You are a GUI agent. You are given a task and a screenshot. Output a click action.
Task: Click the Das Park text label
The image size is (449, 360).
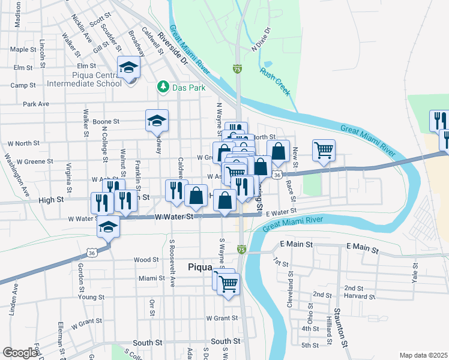tap(189, 88)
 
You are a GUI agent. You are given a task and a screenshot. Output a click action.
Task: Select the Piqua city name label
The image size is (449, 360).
tap(201, 268)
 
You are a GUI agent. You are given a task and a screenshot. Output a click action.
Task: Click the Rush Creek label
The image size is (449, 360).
tap(275, 81)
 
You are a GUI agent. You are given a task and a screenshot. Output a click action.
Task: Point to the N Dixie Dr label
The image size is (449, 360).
tap(262, 38)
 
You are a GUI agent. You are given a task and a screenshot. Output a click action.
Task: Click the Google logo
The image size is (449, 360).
tap(20, 353)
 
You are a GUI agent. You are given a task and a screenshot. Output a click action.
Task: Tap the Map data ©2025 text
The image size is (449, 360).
tap(423, 355)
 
